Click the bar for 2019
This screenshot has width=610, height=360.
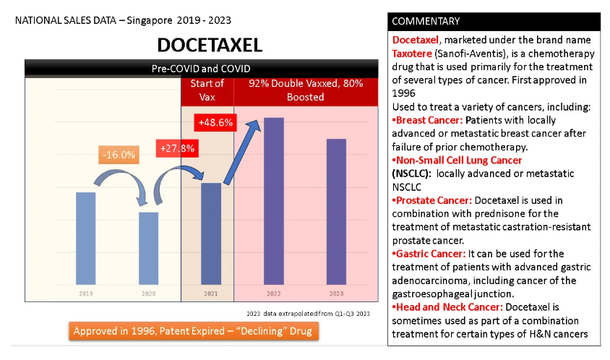pos(86,238)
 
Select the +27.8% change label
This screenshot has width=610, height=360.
pos(177,148)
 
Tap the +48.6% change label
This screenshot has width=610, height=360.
pos(215,123)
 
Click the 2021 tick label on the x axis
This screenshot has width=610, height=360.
pos(210,294)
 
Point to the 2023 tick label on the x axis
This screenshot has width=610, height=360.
pos(336,294)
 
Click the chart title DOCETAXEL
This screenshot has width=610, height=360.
pos(210,46)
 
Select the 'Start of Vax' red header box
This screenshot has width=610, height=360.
pos(207,90)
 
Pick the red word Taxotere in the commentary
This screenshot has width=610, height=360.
pos(414,53)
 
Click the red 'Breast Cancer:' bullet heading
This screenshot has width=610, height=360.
pos(430,119)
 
